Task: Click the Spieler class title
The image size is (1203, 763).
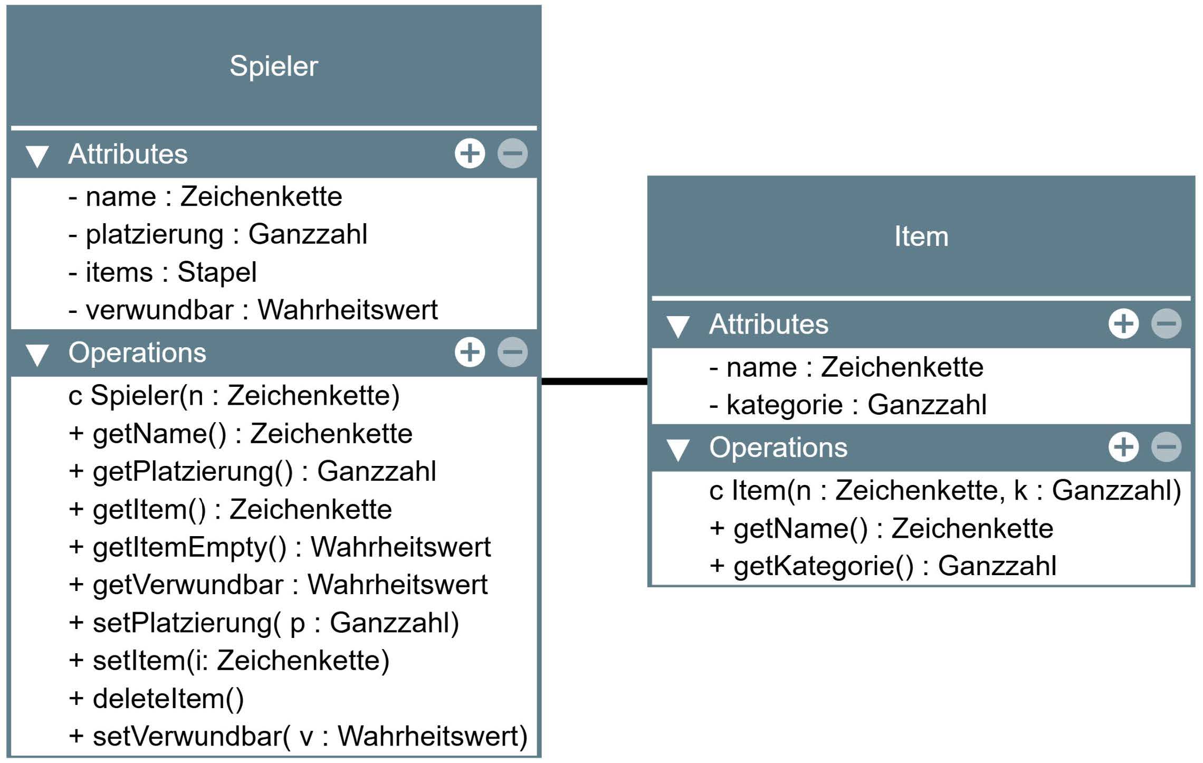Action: (274, 66)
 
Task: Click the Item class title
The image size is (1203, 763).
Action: (921, 236)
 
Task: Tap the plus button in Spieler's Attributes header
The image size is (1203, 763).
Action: (470, 154)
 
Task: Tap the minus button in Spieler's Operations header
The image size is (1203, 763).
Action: (512, 352)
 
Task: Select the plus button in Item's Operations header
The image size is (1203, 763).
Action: (1123, 447)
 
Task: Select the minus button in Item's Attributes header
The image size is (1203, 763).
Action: (1166, 323)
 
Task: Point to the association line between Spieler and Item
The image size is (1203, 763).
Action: (595, 381)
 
